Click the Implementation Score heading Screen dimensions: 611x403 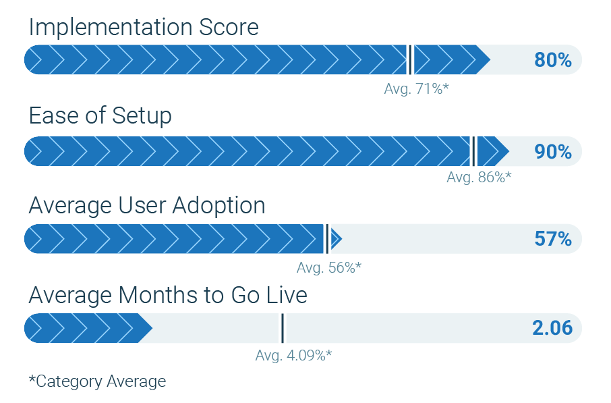click(x=144, y=27)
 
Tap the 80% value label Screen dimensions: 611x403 click(x=553, y=60)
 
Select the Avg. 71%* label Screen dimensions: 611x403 click(x=417, y=89)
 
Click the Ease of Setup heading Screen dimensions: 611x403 click(x=100, y=116)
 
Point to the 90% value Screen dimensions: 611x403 click(x=553, y=151)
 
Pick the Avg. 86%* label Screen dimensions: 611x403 click(x=479, y=177)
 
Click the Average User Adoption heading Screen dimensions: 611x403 click(x=147, y=206)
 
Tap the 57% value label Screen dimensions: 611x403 click(x=553, y=239)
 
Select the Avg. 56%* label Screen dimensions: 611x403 click(x=329, y=267)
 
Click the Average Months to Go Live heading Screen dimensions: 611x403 click(x=168, y=295)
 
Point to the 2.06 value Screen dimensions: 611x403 click(x=552, y=327)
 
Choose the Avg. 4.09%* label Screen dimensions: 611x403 click(x=293, y=355)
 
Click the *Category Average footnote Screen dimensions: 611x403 click(x=97, y=381)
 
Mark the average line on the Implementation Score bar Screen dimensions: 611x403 click(x=409, y=59)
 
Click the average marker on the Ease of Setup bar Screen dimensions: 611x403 click(x=473, y=151)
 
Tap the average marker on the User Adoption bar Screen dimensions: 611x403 click(x=327, y=239)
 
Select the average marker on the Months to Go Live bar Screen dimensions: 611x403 click(x=283, y=328)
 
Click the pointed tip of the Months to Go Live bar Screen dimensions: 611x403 click(x=152, y=328)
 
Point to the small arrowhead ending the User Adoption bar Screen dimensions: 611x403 click(x=337, y=239)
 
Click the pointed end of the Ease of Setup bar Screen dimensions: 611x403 click(x=508, y=151)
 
